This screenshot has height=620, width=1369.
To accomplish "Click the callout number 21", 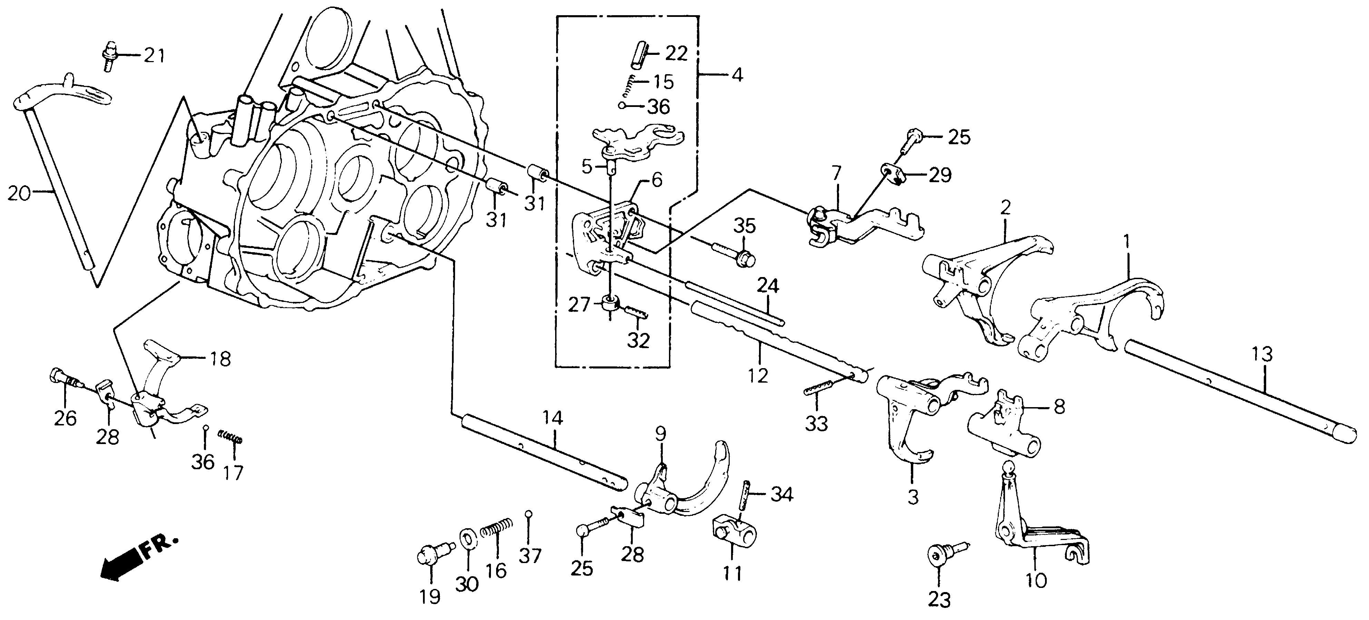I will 154,55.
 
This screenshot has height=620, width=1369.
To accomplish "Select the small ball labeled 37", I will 528,514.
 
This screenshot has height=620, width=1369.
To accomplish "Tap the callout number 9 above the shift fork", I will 660,435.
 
